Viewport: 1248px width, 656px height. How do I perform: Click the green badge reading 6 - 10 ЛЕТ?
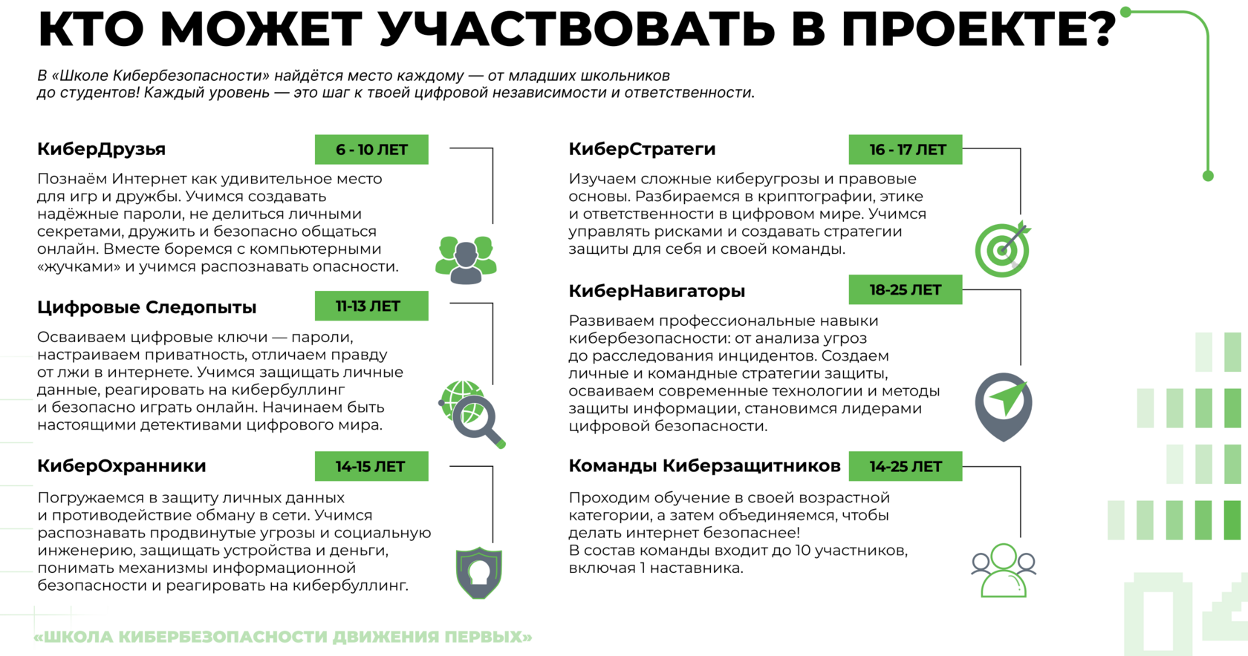371,149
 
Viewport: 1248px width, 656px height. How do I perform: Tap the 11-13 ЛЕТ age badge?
371,306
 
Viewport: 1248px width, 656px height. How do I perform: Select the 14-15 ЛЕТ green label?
371,466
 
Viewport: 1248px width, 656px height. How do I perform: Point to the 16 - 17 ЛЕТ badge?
905,149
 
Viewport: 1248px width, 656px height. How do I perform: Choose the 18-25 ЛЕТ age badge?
905,289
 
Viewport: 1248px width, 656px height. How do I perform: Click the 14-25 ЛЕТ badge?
905,466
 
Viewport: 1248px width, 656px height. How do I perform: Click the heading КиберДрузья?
101,148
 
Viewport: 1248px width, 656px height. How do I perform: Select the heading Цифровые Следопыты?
146,306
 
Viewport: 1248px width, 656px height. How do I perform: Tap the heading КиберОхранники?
121,465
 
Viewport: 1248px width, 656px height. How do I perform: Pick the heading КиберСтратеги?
642,148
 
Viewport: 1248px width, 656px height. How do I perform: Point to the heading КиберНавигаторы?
657,290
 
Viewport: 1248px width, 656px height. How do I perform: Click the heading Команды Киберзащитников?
704,465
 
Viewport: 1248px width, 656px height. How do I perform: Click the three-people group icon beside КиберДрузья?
466,259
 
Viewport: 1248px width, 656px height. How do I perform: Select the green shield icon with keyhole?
479,572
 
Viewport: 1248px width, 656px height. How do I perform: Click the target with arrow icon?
1003,249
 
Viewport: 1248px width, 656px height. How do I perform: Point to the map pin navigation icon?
1004,405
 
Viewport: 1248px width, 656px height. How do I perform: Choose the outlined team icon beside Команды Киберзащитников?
1004,570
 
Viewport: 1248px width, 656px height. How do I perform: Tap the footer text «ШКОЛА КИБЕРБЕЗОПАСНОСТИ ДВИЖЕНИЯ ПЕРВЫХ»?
283,637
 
